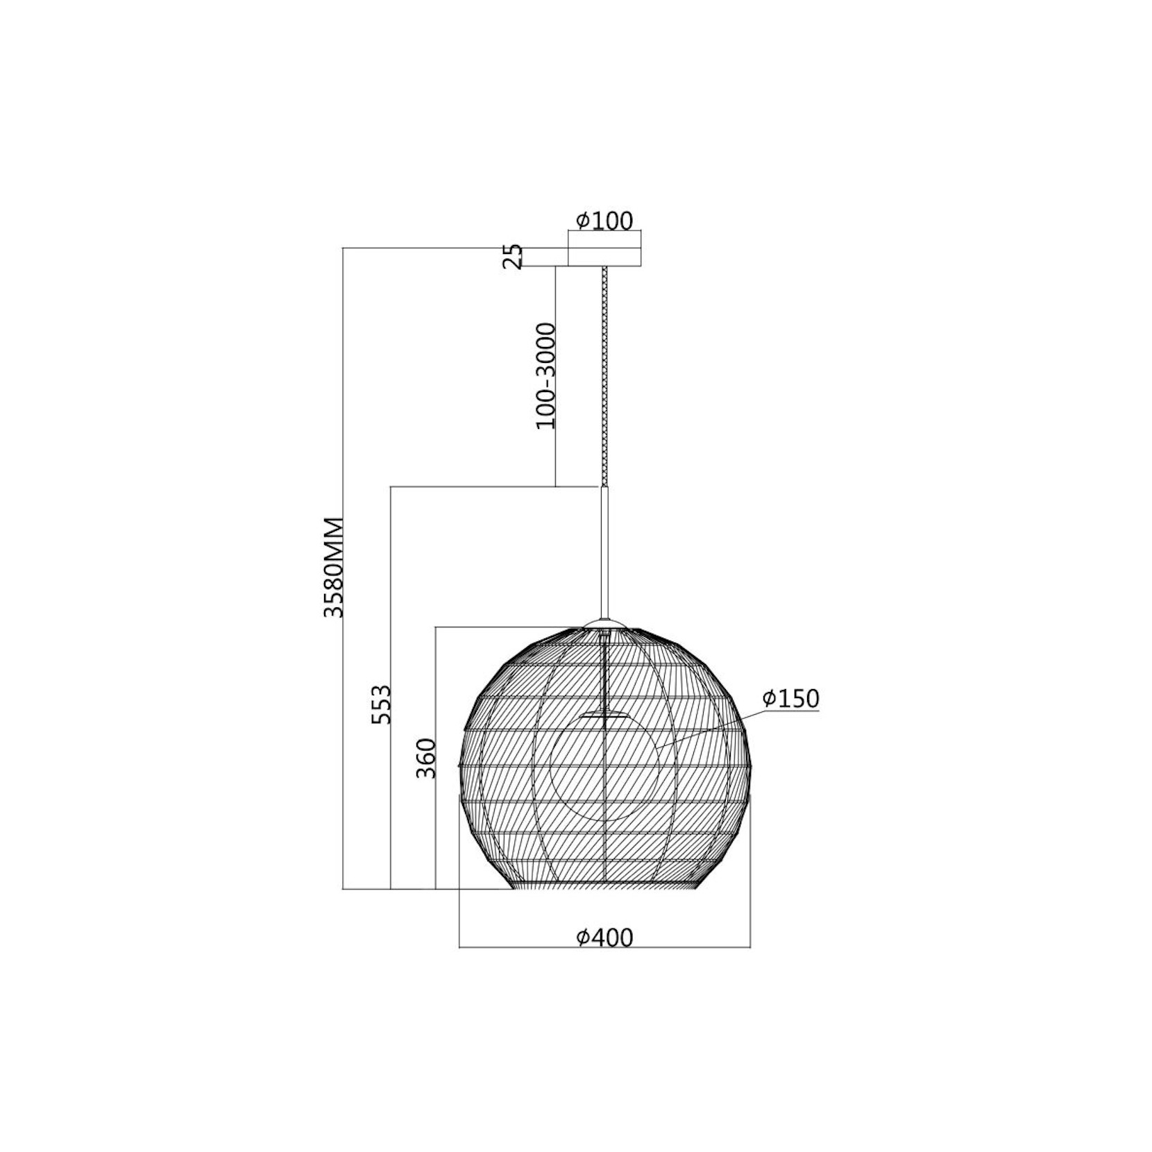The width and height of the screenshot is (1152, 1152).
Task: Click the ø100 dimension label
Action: (604, 221)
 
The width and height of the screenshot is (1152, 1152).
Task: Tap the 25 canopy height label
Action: (512, 256)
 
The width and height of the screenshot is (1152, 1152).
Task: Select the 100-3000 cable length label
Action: (547, 375)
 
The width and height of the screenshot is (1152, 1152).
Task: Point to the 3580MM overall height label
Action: (334, 567)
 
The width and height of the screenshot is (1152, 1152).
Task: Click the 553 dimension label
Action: (381, 704)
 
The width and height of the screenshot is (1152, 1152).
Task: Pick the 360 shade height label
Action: (425, 759)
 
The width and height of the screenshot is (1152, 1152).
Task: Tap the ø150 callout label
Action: (790, 698)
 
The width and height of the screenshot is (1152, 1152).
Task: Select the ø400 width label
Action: (604, 938)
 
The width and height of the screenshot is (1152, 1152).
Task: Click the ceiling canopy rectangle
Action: (604, 257)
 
